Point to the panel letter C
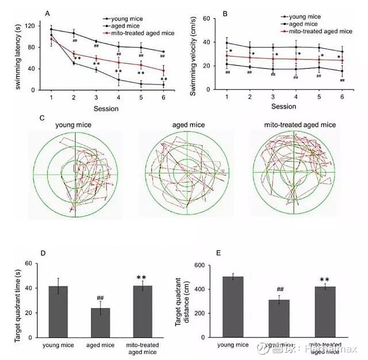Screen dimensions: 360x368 coord(42,117)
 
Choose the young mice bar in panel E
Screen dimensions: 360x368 coord(233,307)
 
